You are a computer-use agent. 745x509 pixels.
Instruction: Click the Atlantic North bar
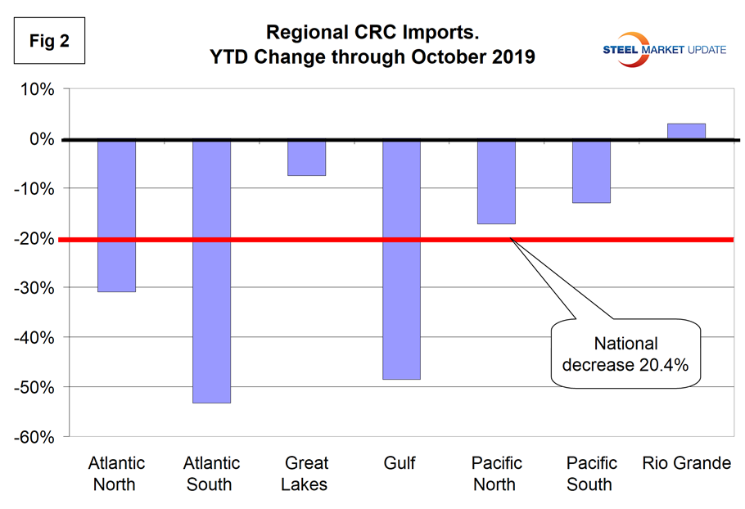pyautogui.click(x=116, y=215)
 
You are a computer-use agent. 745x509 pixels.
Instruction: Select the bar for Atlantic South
pyautogui.click(x=211, y=271)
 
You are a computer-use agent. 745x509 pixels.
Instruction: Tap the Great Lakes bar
pyautogui.click(x=306, y=157)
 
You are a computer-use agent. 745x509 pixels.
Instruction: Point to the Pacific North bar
pyautogui.click(x=495, y=181)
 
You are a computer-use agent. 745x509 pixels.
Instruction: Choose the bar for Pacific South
pyautogui.click(x=590, y=171)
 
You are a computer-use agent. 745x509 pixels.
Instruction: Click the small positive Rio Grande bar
pyautogui.click(x=685, y=132)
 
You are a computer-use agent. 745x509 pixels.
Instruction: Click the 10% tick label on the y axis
pyautogui.click(x=35, y=90)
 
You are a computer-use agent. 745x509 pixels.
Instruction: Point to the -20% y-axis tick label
pyautogui.click(x=33, y=239)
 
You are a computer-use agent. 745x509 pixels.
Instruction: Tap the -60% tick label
pyautogui.click(x=33, y=437)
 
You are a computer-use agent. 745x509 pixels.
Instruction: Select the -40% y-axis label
pyautogui.click(x=33, y=338)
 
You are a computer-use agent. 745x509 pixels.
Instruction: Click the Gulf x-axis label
pyautogui.click(x=400, y=464)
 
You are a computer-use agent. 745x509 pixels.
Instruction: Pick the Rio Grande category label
pyautogui.click(x=685, y=464)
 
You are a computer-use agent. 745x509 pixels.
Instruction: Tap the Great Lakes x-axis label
pyautogui.click(x=305, y=474)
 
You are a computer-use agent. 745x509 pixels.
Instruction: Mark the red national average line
pyautogui.click(x=246, y=239)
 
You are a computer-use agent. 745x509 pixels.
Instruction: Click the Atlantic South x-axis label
pyautogui.click(x=211, y=474)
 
